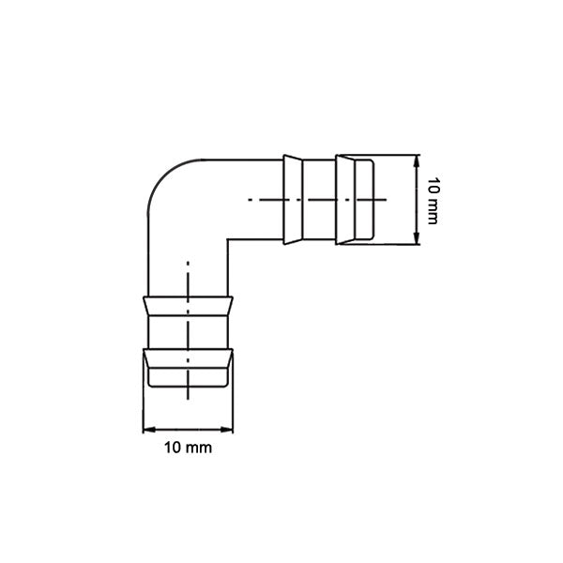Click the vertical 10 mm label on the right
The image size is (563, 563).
pyautogui.click(x=433, y=200)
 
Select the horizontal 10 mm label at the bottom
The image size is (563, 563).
pyautogui.click(x=188, y=448)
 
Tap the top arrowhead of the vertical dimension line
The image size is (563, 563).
pyautogui.click(x=417, y=159)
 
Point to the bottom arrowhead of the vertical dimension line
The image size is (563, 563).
pyautogui.click(x=417, y=241)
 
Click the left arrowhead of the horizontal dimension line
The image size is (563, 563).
pyautogui.click(x=146, y=431)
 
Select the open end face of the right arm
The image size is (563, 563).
pyautogui.click(x=374, y=200)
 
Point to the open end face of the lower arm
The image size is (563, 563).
pyautogui.click(x=188, y=385)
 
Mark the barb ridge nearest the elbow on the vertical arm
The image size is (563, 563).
pyautogui.click(x=188, y=306)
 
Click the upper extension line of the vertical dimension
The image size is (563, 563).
pyautogui.click(x=394, y=155)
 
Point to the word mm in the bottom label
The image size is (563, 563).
pyautogui.click(x=199, y=448)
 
